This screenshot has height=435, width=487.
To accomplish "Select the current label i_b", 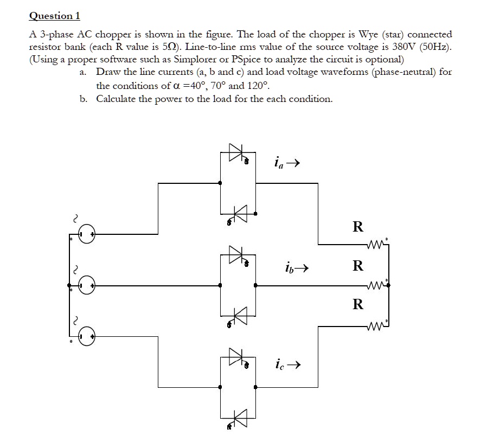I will click(289, 267).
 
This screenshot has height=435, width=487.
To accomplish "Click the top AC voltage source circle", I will click(87, 234).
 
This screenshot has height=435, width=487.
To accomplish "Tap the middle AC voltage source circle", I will click(87, 285).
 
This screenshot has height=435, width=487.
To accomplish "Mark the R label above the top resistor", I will click(357, 227).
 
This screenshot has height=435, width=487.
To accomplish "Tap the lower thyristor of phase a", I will click(238, 213).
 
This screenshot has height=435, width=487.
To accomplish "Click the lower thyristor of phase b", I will click(238, 315).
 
